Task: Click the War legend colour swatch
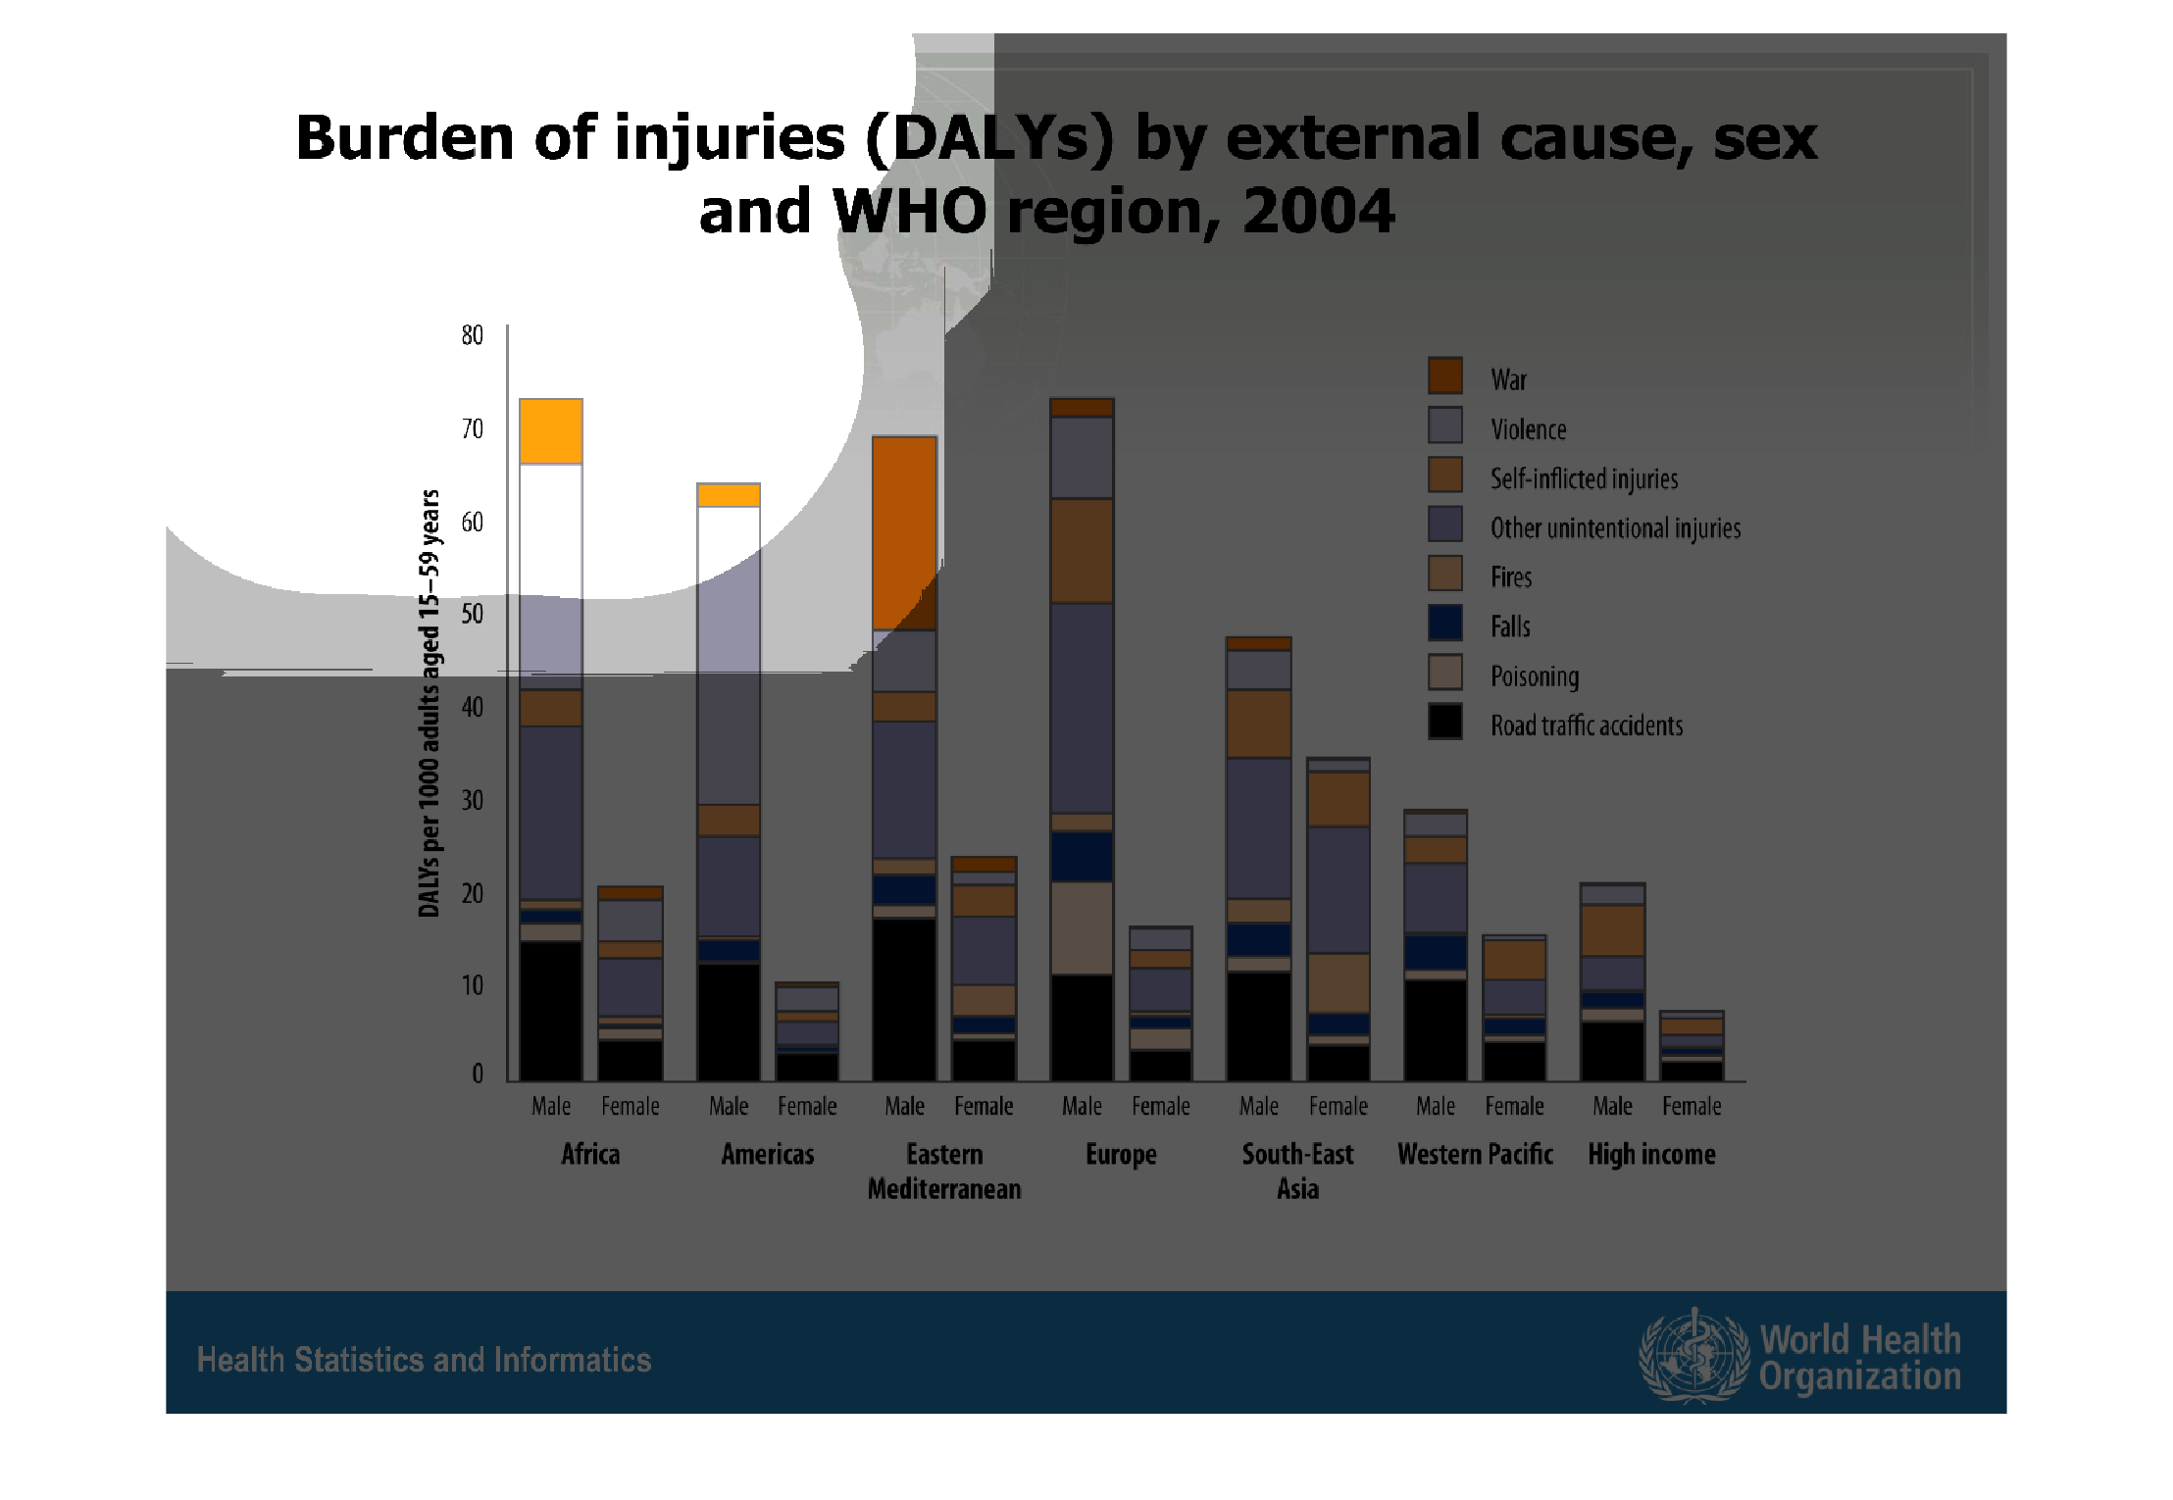coord(1444,375)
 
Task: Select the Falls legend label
coord(1510,626)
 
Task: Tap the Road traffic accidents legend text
coord(1586,725)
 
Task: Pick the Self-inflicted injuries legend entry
coord(1584,478)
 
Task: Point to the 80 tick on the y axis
coord(473,335)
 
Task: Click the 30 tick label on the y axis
coord(473,800)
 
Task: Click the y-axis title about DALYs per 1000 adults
coord(430,703)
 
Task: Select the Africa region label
coord(590,1154)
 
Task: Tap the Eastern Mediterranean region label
coord(944,1172)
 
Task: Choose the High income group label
coord(1651,1154)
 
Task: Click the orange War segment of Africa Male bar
coord(551,431)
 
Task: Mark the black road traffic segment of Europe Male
coord(1082,1027)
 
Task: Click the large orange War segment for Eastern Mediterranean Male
coord(904,532)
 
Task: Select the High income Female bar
coord(1692,1046)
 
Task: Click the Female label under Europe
coord(1161,1106)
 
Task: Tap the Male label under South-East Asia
coord(1258,1106)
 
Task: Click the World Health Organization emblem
coord(1693,1355)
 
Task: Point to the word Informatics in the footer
coord(573,1360)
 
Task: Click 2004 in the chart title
coord(1318,211)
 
